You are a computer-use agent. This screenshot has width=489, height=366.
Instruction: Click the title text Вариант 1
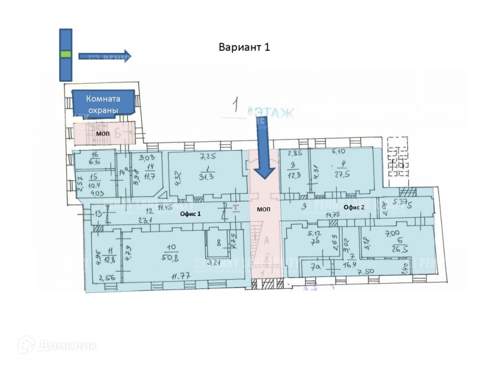coord(244,47)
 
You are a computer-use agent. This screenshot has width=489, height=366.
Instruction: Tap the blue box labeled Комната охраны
coord(103,103)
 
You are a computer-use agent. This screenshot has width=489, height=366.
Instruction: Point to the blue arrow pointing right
coord(104,56)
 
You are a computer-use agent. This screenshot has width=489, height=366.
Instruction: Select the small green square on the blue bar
coord(65,54)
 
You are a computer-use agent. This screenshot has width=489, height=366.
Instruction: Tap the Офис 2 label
coord(353,207)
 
